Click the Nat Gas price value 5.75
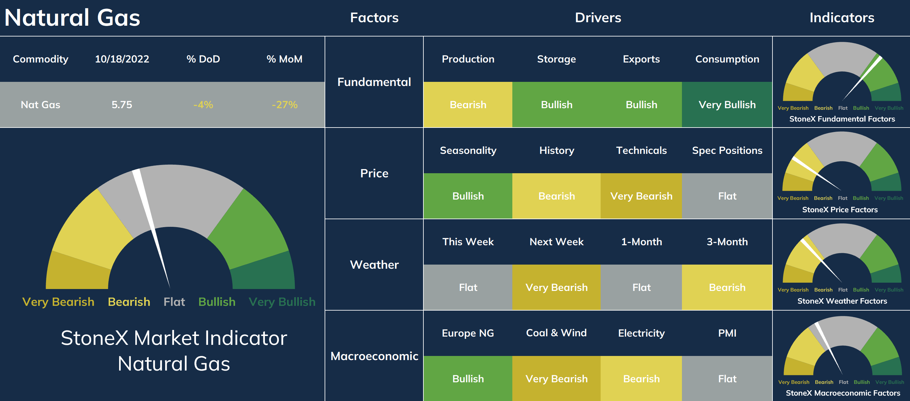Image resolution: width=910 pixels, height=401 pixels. pyautogui.click(x=122, y=104)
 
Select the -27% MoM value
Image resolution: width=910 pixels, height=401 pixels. pyautogui.click(x=284, y=104)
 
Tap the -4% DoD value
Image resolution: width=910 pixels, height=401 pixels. pyautogui.click(x=203, y=104)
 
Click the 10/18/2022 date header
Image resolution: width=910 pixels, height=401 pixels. pyautogui.click(x=122, y=59)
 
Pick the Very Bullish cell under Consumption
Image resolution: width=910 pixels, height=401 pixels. pyautogui.click(x=727, y=104)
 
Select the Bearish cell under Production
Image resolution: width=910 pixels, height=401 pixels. pyautogui.click(x=468, y=104)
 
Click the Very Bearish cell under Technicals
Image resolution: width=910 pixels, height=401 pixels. pyautogui.click(x=641, y=196)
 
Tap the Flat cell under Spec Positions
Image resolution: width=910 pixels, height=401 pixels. pyautogui.click(x=727, y=196)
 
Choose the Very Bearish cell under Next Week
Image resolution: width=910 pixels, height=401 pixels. pyautogui.click(x=556, y=287)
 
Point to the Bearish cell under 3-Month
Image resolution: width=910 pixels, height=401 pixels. pyautogui.click(x=727, y=287)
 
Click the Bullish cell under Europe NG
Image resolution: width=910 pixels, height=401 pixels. pyautogui.click(x=468, y=378)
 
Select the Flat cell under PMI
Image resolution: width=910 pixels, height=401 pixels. pyautogui.click(x=727, y=378)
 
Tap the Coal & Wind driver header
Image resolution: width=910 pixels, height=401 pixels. pyautogui.click(x=556, y=333)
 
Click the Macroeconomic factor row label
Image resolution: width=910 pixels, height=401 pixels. pyautogui.click(x=374, y=356)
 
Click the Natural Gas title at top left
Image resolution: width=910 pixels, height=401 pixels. pyautogui.click(x=72, y=18)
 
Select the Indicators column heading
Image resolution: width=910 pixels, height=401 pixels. pyautogui.click(x=842, y=18)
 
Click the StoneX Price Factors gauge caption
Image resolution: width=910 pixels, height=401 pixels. pyautogui.click(x=840, y=210)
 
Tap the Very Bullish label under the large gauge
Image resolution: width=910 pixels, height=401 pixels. pyautogui.click(x=282, y=302)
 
